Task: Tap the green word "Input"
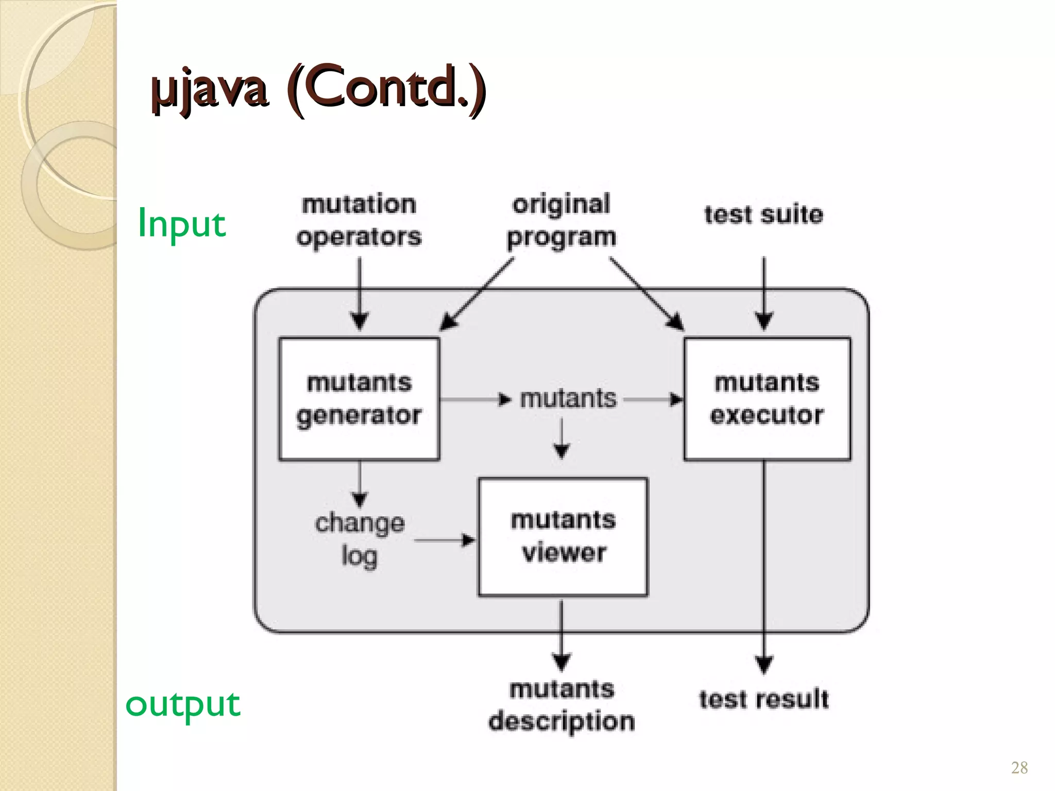[181, 223]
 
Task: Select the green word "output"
[182, 704]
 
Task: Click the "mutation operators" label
[359, 221]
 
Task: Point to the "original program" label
[561, 221]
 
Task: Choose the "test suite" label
[763, 214]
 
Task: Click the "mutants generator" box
[359, 399]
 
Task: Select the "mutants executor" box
[767, 399]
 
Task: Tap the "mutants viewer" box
[563, 537]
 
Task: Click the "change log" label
[360, 539]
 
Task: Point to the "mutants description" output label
[561, 705]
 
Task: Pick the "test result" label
[763, 699]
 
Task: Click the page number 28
[1019, 767]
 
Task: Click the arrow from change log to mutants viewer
[444, 540]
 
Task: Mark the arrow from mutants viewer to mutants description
[561, 634]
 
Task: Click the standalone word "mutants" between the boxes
[568, 399]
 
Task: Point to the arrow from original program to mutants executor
[646, 293]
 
